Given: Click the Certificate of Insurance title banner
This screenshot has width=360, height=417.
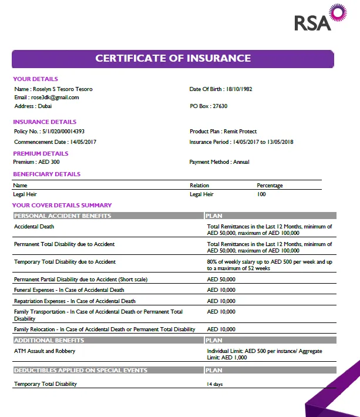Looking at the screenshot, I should (x=173, y=59).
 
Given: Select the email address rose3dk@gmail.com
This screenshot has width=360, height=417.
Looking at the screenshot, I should (x=55, y=97).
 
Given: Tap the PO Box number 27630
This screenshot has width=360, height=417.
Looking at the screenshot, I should (x=220, y=106).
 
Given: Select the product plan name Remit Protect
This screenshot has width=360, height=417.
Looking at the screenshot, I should (x=240, y=132).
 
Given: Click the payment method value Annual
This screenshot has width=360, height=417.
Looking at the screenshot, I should (x=241, y=162).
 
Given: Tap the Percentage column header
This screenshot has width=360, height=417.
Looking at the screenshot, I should (x=270, y=186).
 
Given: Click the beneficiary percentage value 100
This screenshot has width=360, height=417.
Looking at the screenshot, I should (x=261, y=194).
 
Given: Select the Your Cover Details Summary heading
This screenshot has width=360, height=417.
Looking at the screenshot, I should (x=62, y=206).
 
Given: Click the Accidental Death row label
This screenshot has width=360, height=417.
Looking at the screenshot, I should (x=34, y=226).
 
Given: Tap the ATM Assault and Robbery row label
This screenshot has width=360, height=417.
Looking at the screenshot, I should (x=45, y=351).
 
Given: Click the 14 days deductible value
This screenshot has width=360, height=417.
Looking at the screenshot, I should (x=215, y=384).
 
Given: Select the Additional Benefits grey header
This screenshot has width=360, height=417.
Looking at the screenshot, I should (x=49, y=340).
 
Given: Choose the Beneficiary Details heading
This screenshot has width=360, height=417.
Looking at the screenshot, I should (x=47, y=174).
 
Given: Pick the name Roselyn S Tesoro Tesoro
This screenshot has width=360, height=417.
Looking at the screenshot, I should (x=63, y=89).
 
